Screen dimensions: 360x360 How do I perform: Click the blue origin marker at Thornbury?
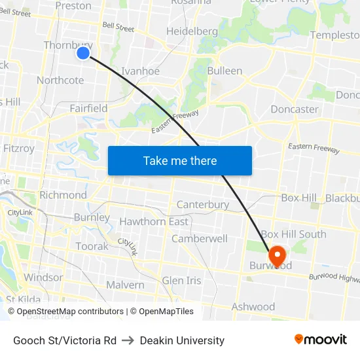pos(83,53)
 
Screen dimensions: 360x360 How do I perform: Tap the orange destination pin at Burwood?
pos(276,254)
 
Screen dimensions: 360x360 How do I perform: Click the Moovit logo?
pos(320,339)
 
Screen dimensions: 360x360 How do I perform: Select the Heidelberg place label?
pos(192,31)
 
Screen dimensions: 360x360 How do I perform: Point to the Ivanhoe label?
pos(140,71)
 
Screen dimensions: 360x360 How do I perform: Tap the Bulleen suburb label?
pos(225,71)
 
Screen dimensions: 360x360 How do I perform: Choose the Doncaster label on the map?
pos(294,109)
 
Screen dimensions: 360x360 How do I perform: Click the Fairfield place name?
pos(88,108)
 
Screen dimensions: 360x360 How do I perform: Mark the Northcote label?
pos(60,81)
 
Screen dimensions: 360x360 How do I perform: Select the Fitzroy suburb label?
pos(19,149)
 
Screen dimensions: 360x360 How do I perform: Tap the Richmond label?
pos(63,195)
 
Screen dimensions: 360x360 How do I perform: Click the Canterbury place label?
pos(203,205)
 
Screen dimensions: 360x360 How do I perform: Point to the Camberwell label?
pos(200,239)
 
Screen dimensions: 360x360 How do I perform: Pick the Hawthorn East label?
pos(154,222)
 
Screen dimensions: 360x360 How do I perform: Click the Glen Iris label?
pos(182,281)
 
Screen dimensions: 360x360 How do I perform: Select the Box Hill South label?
pos(293,234)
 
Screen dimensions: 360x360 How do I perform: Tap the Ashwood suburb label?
pos(253,307)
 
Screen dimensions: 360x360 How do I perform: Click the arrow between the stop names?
pos(128,340)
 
